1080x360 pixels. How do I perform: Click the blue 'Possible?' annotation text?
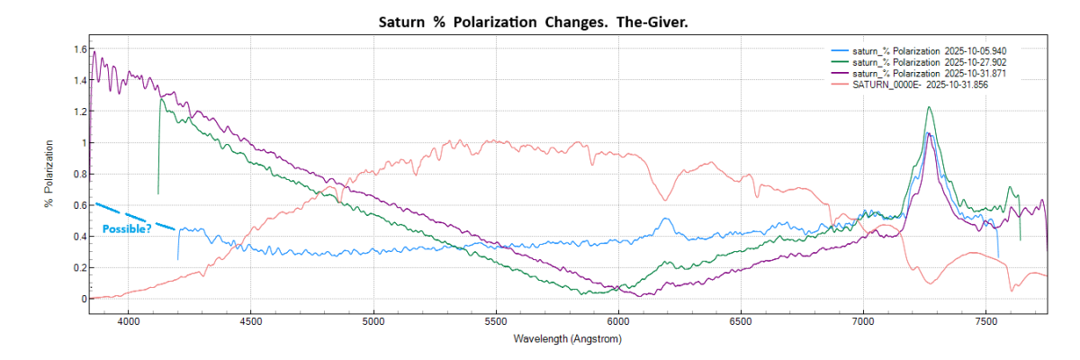[x=127, y=229]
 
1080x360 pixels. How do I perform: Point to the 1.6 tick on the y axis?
[x=80, y=49]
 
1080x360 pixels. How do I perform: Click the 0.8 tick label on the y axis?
[x=80, y=174]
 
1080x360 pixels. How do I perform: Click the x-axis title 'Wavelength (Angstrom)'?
[x=567, y=339]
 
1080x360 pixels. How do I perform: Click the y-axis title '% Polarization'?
[x=49, y=174]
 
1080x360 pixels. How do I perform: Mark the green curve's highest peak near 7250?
[x=929, y=108]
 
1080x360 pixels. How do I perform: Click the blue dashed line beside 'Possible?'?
[x=135, y=215]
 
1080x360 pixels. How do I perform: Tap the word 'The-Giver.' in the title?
[x=652, y=20]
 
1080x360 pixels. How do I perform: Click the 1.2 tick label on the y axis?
[x=80, y=112]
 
